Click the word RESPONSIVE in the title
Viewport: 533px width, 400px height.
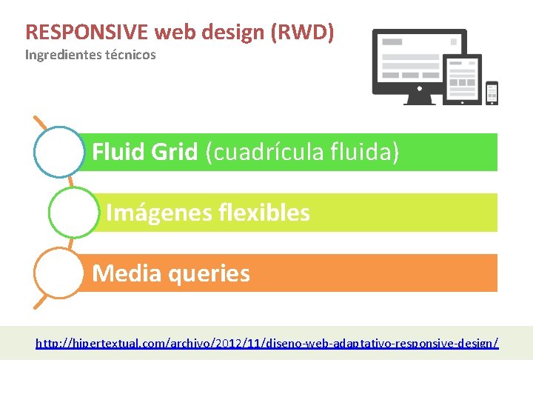[87, 33]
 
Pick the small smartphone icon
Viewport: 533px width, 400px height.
[492, 93]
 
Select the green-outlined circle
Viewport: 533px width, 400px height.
[73, 213]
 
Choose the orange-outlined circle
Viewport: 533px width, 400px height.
[59, 273]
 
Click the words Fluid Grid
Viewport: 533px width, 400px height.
[145, 153]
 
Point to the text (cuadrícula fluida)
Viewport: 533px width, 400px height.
[302, 153]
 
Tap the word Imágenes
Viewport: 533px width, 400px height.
[152, 213]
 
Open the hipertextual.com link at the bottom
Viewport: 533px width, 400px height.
[267, 343]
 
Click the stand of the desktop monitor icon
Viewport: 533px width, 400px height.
[419, 98]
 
